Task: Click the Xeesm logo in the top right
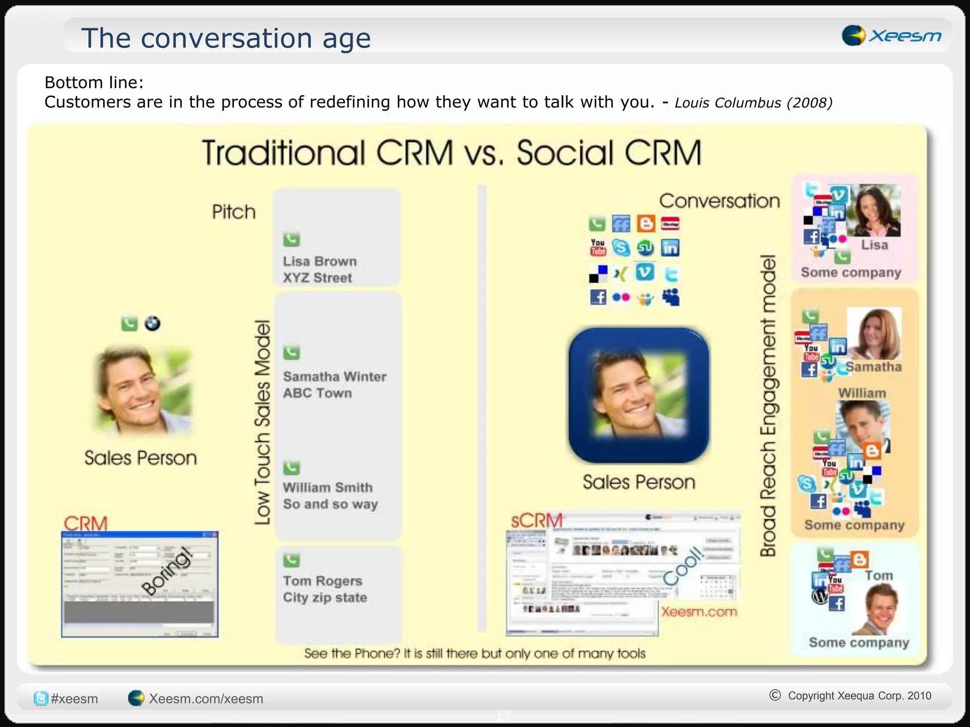point(891,35)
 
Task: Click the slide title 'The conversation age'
point(226,38)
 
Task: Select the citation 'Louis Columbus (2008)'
point(753,103)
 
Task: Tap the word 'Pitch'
point(234,212)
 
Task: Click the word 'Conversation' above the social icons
point(719,201)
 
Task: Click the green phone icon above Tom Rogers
point(291,560)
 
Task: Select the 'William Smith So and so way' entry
point(330,496)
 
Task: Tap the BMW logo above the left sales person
point(152,324)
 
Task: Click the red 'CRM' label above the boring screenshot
point(86,523)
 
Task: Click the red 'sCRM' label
point(536,521)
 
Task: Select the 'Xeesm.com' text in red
point(699,612)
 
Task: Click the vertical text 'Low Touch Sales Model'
point(262,422)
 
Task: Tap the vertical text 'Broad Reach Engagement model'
point(768,405)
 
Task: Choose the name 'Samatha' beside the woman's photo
point(874,367)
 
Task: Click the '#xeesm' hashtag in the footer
point(74,699)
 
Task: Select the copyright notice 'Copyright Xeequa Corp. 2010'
point(859,695)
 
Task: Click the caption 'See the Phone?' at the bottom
point(475,654)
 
